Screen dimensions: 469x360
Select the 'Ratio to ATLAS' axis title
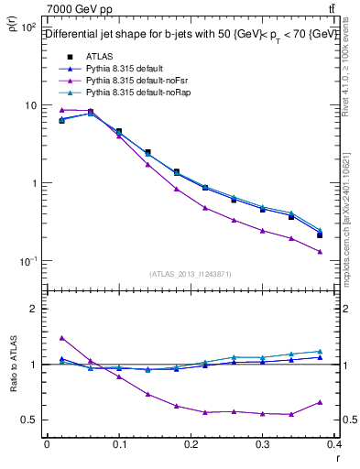click(13, 365)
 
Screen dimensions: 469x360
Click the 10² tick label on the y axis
click(27, 28)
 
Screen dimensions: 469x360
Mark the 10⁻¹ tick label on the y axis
click(27, 261)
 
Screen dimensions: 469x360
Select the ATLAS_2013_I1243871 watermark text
click(191, 274)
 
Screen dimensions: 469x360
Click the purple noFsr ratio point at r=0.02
click(61, 338)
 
